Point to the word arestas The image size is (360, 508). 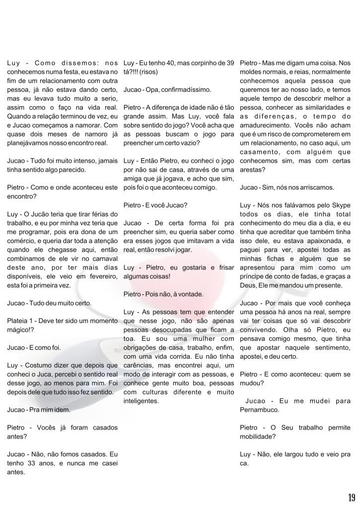251,170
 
